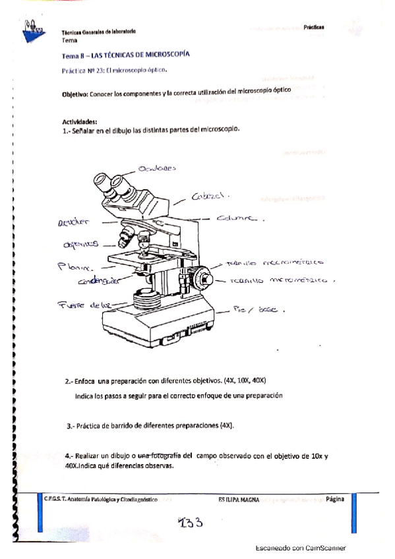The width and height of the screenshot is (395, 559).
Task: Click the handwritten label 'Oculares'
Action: (158, 169)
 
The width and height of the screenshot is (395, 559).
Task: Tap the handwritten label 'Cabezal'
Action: (210, 196)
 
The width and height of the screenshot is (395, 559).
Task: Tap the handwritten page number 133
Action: (191, 523)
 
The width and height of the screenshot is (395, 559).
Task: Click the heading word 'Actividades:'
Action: (80, 121)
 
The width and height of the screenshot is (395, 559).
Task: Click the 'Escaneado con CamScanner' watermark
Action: (300, 548)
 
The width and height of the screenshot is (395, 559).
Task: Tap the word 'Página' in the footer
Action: (334, 500)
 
